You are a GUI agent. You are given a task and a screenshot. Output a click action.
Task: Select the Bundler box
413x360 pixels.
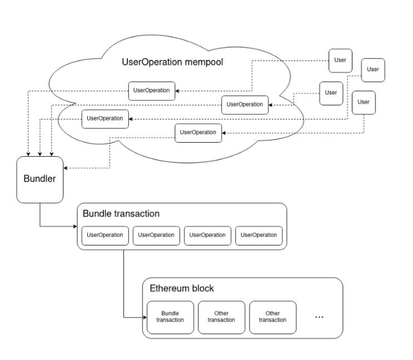pos(40,180)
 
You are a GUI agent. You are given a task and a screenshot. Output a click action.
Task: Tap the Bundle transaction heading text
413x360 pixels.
pos(121,213)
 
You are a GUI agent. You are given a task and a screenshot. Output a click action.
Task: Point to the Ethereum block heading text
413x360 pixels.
pos(182,288)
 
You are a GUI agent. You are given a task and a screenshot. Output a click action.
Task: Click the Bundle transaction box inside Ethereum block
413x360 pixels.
pos(170,317)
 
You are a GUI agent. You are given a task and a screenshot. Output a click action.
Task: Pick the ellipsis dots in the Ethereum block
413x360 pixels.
pos(319,317)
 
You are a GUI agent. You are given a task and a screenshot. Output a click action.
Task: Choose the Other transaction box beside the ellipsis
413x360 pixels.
pos(272,317)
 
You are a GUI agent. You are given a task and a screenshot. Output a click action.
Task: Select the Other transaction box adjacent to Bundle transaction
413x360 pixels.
pos(222,317)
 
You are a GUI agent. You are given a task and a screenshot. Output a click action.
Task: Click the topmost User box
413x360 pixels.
pos(340,61)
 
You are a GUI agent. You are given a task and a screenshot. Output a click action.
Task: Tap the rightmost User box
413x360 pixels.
pos(373,70)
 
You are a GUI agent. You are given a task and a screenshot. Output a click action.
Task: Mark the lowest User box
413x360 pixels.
pos(364,103)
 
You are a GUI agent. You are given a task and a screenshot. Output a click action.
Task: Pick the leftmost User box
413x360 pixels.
pos(331,93)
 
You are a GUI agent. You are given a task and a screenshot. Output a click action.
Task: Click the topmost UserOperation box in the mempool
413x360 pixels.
pos(152,91)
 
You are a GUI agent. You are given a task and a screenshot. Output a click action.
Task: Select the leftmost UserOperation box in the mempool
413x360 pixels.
pos(105,119)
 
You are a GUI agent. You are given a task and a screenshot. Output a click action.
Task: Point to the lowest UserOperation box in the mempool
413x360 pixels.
pos(198,133)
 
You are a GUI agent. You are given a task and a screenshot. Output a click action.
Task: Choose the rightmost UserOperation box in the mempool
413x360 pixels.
pos(245,105)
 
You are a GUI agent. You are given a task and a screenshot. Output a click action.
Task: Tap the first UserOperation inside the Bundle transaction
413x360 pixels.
pos(105,236)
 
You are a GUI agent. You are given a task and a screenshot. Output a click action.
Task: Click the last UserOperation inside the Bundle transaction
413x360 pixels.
pos(259,236)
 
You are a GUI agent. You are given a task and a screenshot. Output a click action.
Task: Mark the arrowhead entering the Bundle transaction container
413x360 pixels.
pos(76,226)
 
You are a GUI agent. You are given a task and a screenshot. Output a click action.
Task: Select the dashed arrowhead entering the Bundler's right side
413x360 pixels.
pos(66,168)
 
